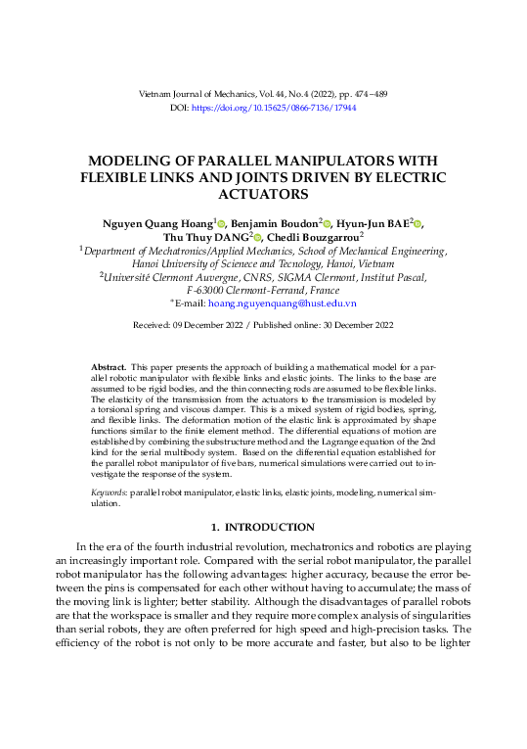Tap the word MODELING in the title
137,161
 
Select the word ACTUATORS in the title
264,195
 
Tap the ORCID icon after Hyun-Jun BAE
418,224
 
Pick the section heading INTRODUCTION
279,528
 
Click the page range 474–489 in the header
366,93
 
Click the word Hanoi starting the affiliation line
147,264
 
